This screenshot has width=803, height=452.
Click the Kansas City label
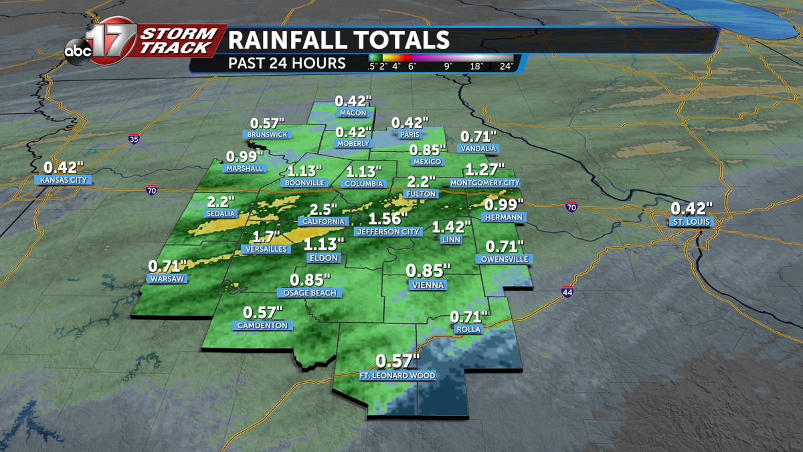(x=64, y=180)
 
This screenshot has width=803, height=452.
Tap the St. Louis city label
(x=692, y=222)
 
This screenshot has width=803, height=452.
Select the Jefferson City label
(x=387, y=232)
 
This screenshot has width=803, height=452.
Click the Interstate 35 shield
(x=134, y=139)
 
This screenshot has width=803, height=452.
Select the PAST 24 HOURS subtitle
(x=287, y=64)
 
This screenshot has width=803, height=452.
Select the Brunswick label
(x=267, y=135)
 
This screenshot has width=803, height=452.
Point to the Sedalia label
(x=220, y=214)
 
